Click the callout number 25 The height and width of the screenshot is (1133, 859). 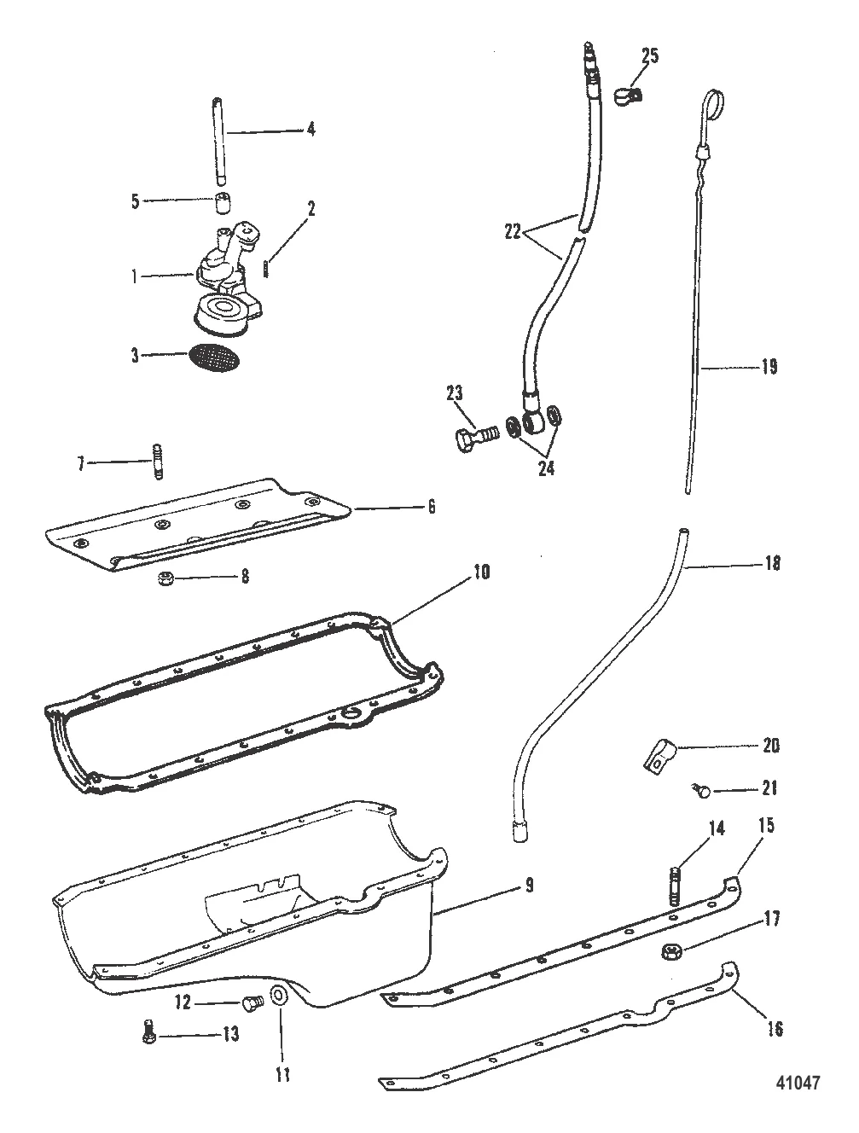(x=650, y=56)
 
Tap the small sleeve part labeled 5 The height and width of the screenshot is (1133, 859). (x=223, y=205)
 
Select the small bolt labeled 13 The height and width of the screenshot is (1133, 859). (x=146, y=1033)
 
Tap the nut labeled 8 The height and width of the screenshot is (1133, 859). (x=166, y=578)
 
